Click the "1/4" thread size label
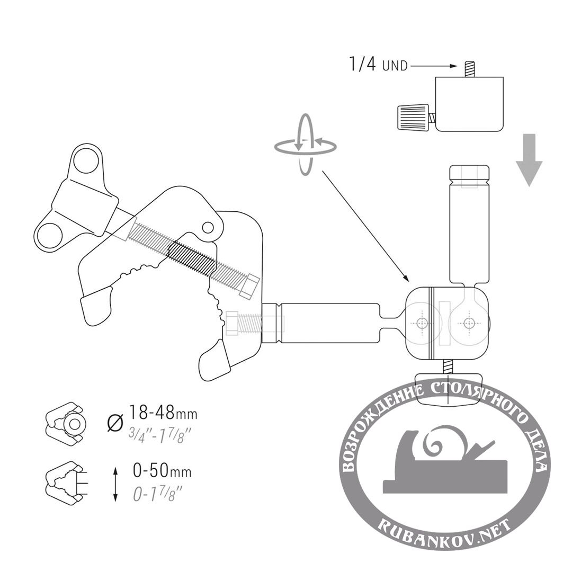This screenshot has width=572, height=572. click(x=363, y=64)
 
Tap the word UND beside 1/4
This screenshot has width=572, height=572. click(x=395, y=66)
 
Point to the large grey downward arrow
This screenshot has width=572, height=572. click(x=529, y=160)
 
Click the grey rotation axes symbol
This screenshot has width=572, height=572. click(x=305, y=145)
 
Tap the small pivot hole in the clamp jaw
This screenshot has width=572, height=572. click(x=208, y=228)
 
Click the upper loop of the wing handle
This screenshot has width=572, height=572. click(x=86, y=160)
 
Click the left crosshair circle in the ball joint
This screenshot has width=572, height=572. click(x=423, y=323)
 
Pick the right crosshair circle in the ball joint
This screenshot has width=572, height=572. click(x=468, y=323)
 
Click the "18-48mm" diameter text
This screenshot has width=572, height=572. click(x=163, y=413)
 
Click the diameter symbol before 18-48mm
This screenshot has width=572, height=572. click(x=115, y=423)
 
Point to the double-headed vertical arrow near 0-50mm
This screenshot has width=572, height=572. click(x=115, y=485)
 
